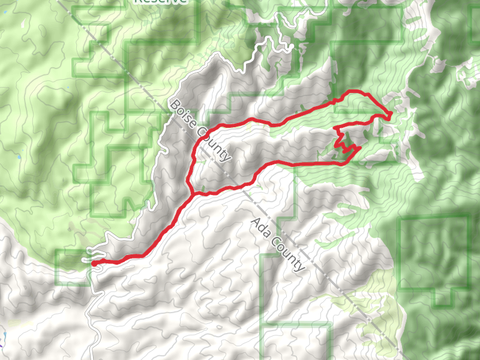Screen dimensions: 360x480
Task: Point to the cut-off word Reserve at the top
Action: click(x=160, y=2)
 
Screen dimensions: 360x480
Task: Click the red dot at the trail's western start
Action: click(x=94, y=263)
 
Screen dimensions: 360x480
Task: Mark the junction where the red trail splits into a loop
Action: click(x=191, y=194)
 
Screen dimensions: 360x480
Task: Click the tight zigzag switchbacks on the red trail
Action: click(x=341, y=142)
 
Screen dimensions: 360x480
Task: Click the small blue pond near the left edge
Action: click(x=19, y=157)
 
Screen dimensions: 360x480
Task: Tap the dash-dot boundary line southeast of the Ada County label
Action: click(x=354, y=306)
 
